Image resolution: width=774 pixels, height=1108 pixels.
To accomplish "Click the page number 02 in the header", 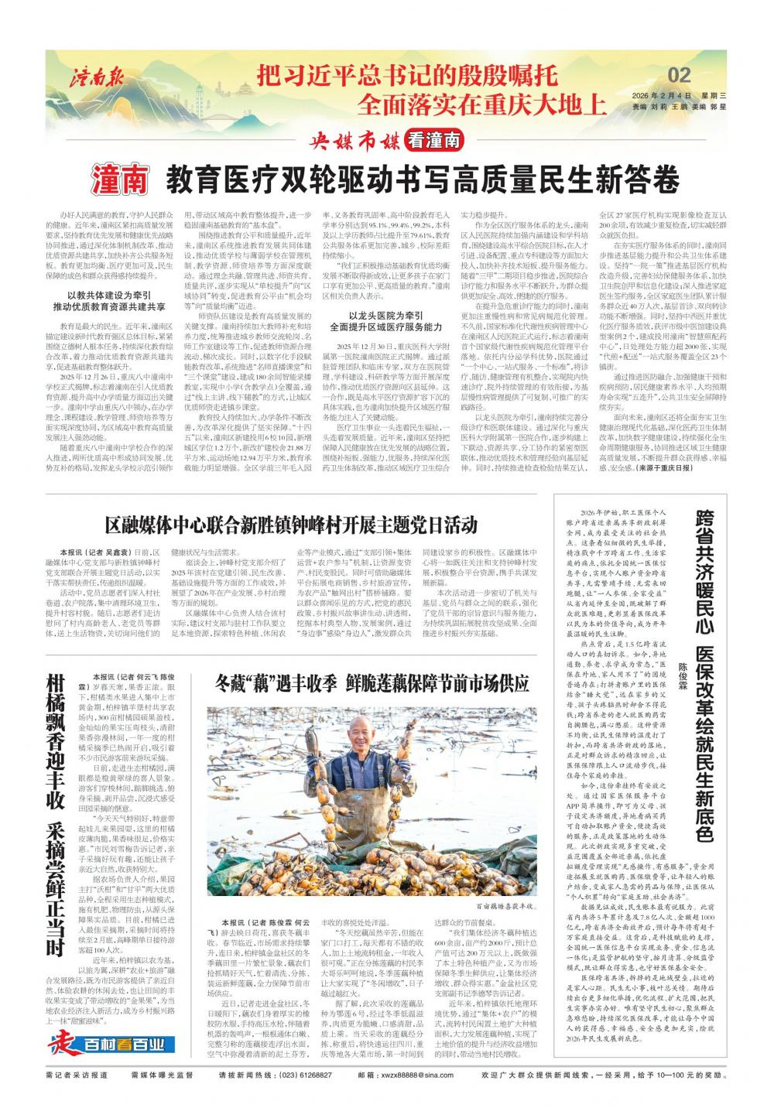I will point(679,74).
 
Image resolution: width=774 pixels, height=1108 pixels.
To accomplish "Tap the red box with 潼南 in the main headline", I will point(119,180).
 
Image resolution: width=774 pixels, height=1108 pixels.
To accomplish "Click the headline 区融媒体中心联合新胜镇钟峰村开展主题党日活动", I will point(291,525).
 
